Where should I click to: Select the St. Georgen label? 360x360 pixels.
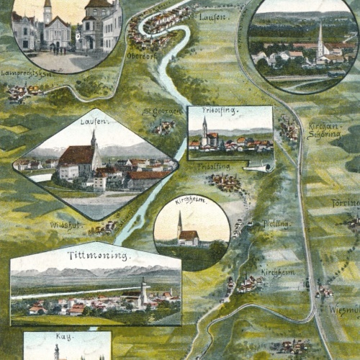[x=158, y=112]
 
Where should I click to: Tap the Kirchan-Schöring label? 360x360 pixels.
[x=323, y=130]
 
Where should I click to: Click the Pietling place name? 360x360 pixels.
[x=277, y=224]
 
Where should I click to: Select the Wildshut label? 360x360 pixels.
[x=64, y=225]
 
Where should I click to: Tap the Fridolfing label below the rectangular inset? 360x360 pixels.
[x=214, y=166]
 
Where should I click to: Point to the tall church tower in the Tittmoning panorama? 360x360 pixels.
[x=143, y=290]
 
